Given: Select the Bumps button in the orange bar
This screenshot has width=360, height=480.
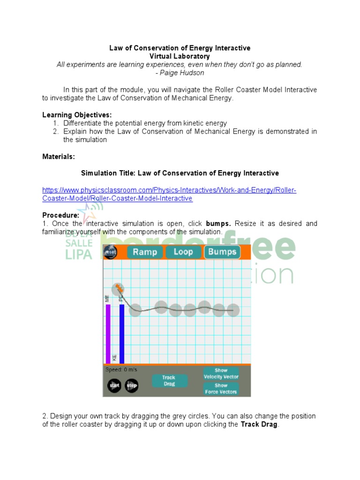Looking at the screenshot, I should (222, 252).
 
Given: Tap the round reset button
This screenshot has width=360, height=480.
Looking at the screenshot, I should (110, 252).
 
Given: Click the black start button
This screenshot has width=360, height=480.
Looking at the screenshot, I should (114, 386).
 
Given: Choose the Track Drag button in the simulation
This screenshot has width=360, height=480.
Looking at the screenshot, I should (169, 381).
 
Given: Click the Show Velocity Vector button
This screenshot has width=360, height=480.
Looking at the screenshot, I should (221, 374).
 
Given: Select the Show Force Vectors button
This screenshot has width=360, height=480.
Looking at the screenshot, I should (221, 389).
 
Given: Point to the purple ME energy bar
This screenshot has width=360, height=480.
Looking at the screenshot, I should (108, 334).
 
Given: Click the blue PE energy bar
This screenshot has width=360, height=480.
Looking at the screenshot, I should (122, 334).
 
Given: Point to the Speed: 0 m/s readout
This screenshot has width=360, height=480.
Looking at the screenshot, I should (122, 369).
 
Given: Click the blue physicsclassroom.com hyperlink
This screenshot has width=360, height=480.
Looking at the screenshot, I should (169, 194).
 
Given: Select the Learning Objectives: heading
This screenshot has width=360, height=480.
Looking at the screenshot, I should (77, 115).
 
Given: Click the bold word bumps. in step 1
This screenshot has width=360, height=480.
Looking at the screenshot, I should (218, 224).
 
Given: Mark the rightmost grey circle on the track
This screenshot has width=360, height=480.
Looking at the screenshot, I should (233, 310).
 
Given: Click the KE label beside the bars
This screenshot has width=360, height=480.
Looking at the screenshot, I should (114, 358).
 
